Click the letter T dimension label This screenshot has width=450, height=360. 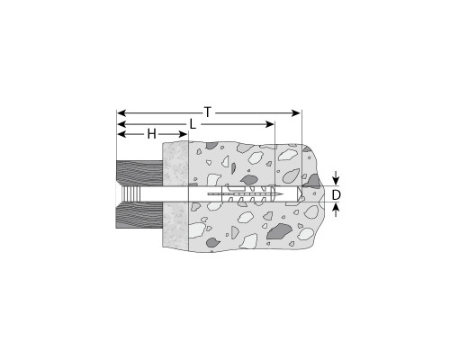pyautogui.click(x=208, y=112)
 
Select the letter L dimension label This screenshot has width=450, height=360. pyautogui.click(x=193, y=124)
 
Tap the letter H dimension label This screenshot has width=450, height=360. pyautogui.click(x=152, y=134)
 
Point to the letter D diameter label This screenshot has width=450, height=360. pyautogui.click(x=337, y=195)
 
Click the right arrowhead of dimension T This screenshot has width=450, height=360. pyautogui.click(x=296, y=113)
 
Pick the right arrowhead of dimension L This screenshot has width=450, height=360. pyautogui.click(x=270, y=124)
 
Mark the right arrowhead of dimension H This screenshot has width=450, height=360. pyautogui.click(x=183, y=134)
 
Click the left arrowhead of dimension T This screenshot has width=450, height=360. pyautogui.click(x=121, y=113)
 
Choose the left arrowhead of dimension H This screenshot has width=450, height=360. pyautogui.click(x=121, y=134)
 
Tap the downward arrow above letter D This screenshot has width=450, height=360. pyautogui.click(x=336, y=178)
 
